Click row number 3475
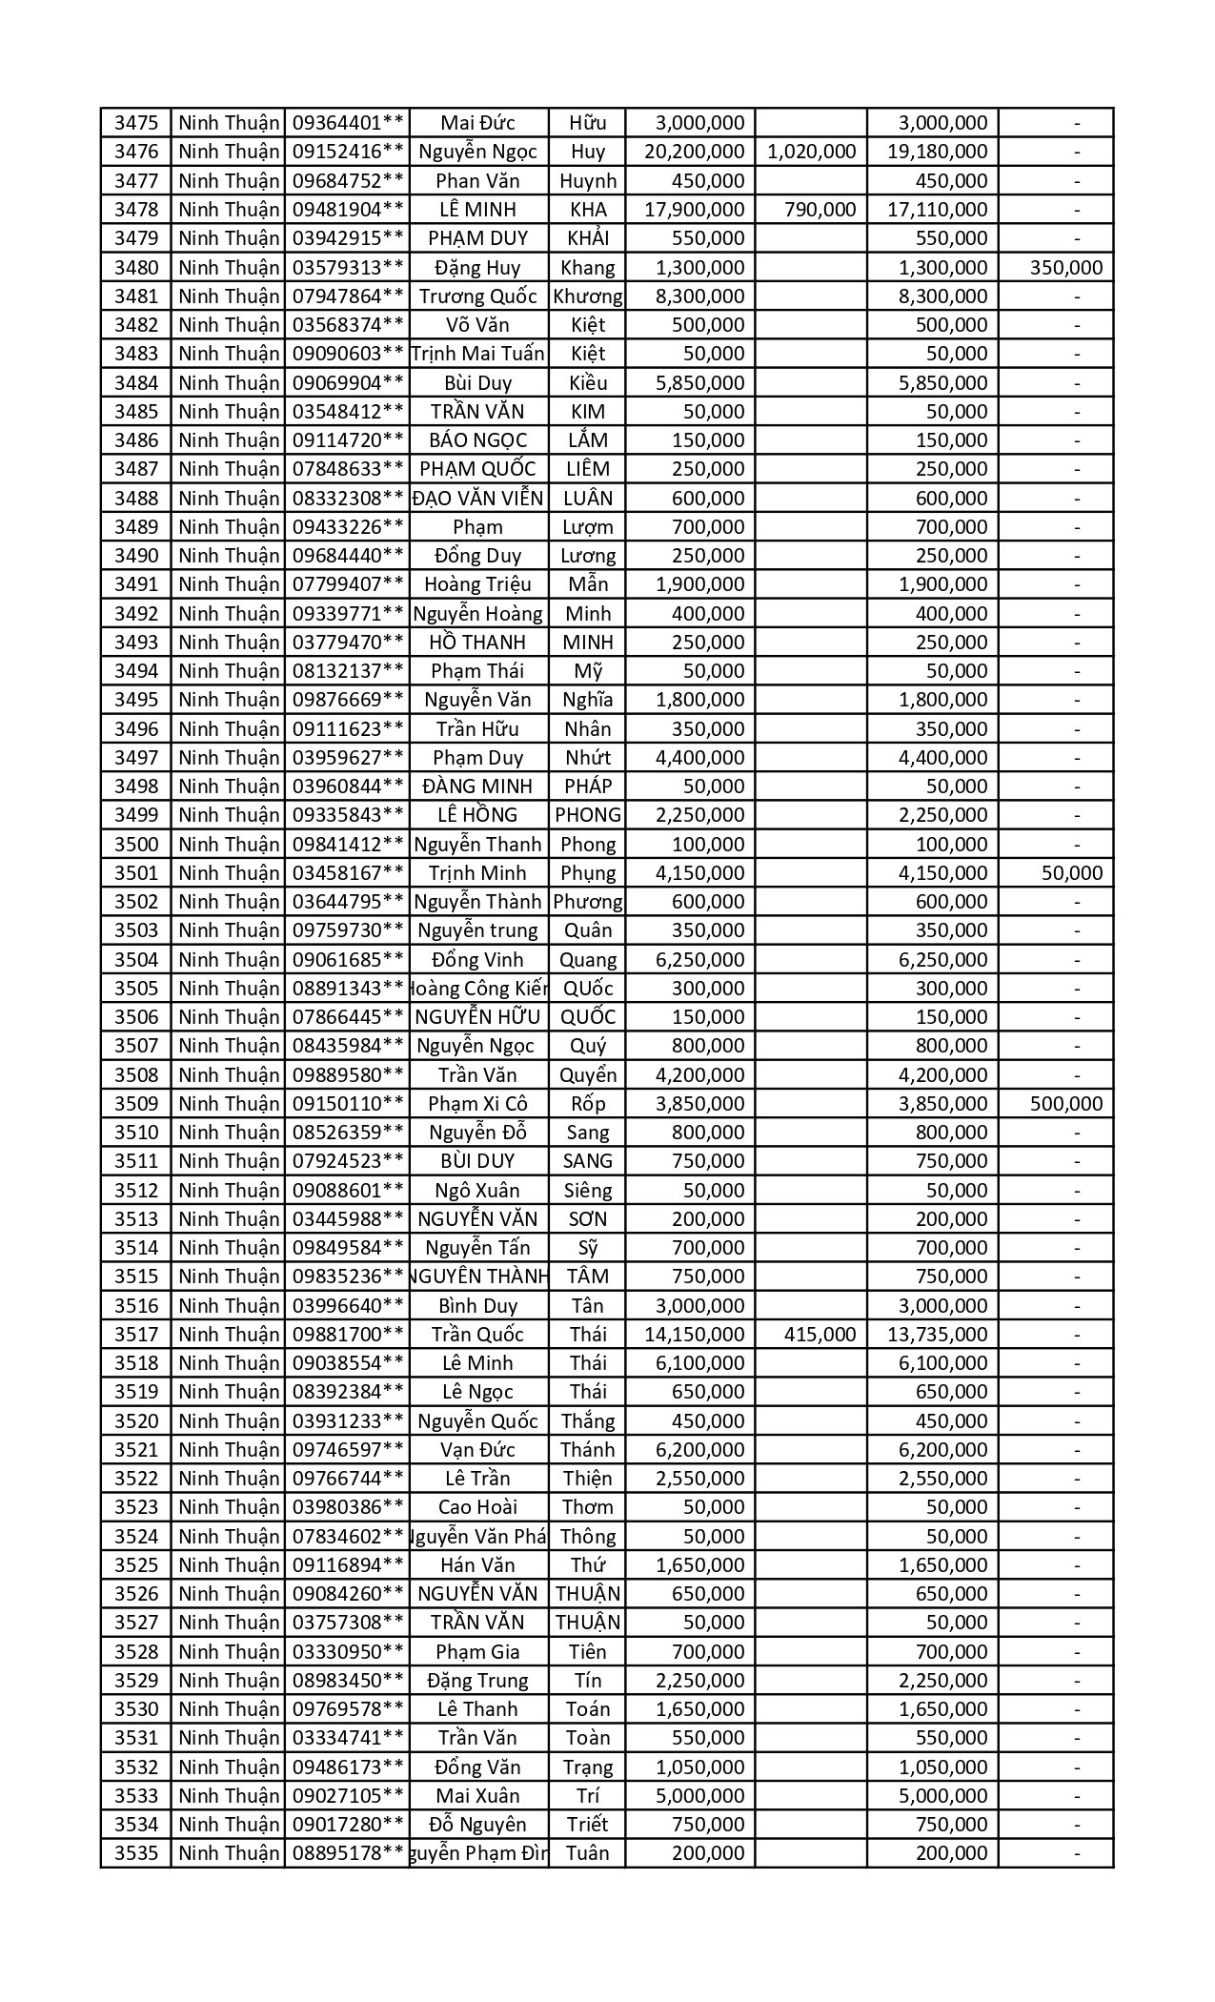point(135,123)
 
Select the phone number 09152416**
point(348,152)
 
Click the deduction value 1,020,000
point(811,152)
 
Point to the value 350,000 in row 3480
point(1065,267)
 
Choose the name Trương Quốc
point(477,296)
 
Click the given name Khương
point(587,296)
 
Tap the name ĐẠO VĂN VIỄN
point(477,499)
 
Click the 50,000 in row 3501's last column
point(1071,873)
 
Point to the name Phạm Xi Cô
point(477,1104)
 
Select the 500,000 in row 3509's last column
point(1065,1104)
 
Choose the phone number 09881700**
point(348,1335)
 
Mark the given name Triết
point(587,1825)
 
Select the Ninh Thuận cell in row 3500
point(228,845)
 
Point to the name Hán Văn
point(477,1565)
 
